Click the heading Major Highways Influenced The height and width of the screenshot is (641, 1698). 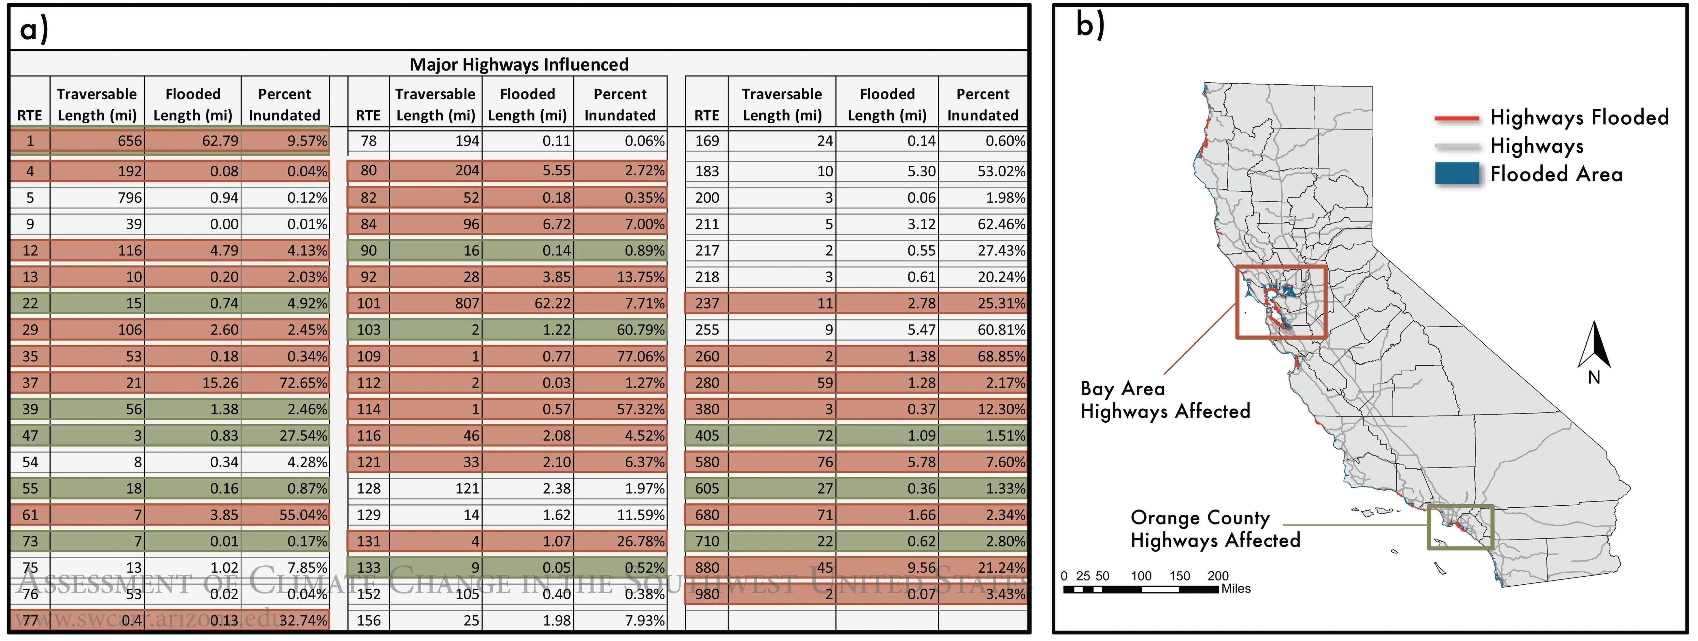519,64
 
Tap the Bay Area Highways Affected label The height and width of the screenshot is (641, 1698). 1165,400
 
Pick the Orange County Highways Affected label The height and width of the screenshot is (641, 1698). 1215,529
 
